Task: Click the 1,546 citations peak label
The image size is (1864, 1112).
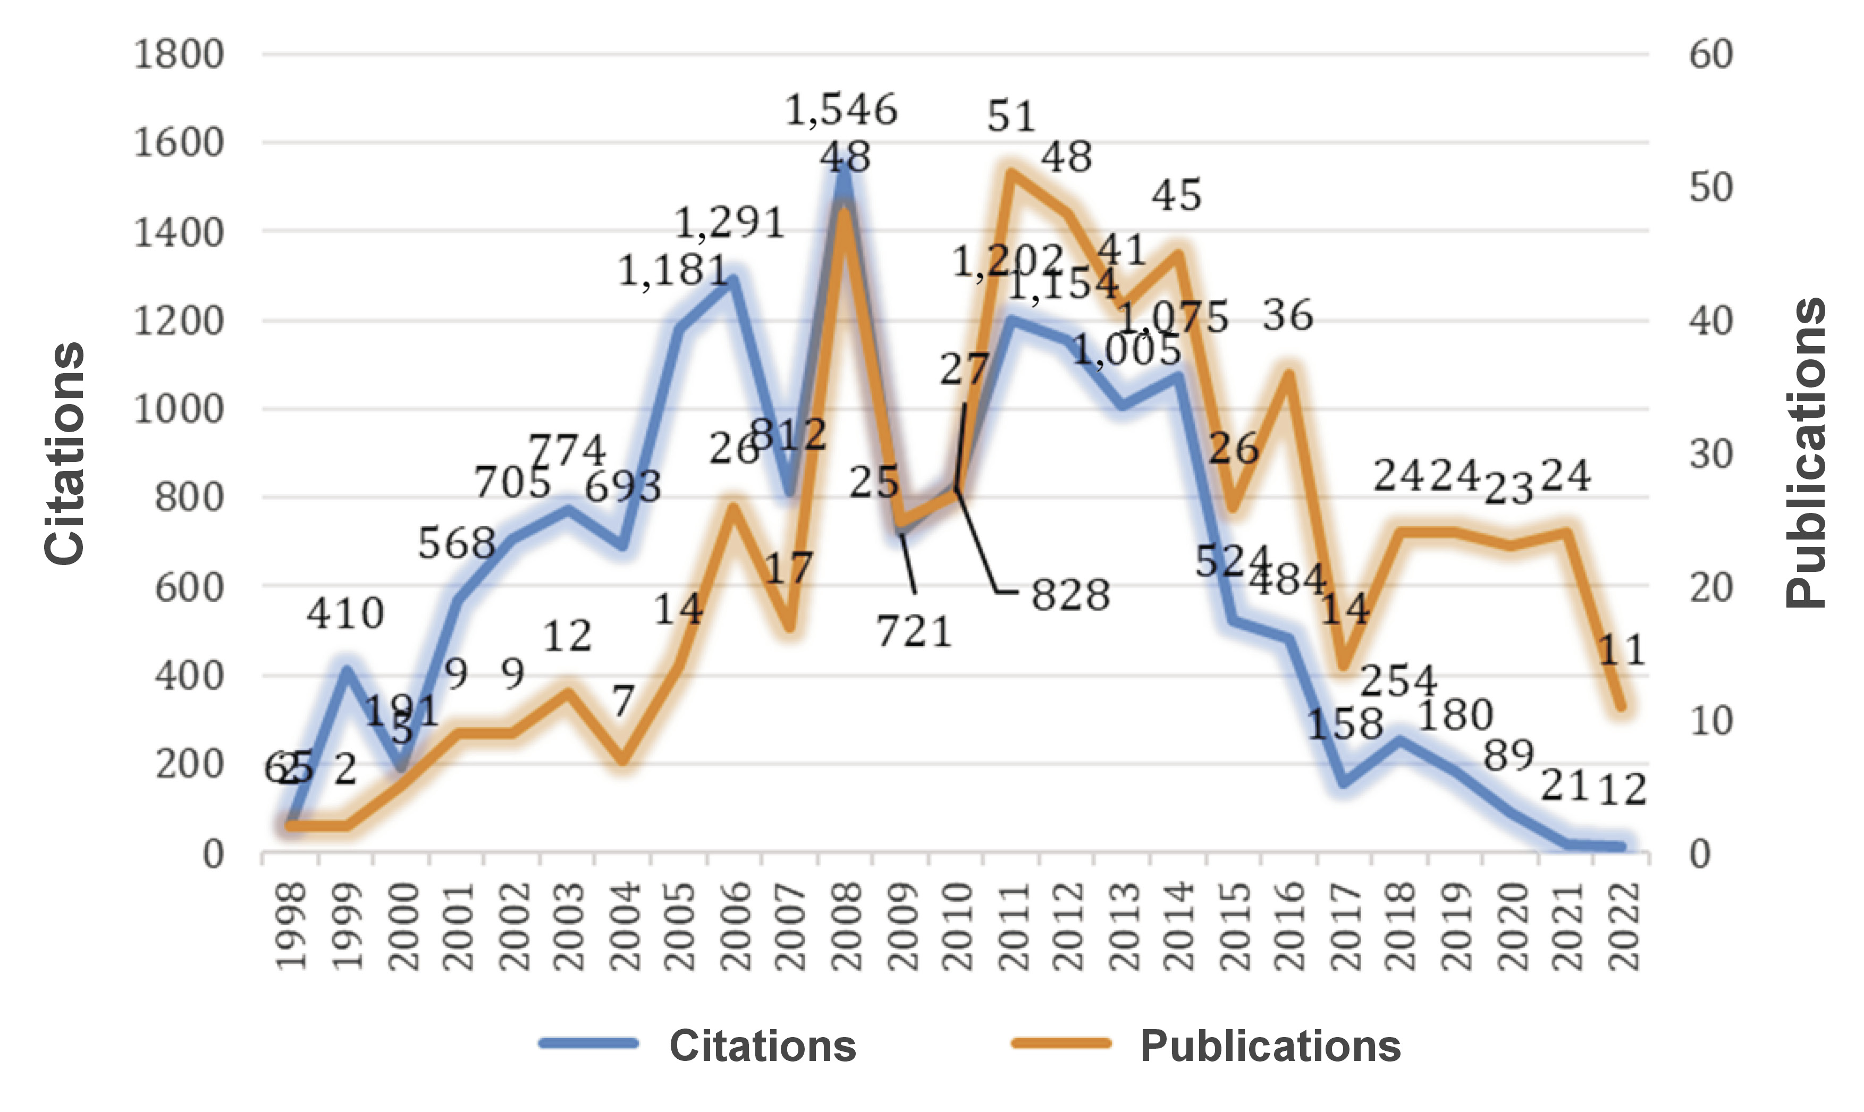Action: tap(841, 110)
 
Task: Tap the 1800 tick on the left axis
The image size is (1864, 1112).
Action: tap(178, 55)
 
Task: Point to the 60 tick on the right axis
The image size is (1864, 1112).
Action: tap(1710, 55)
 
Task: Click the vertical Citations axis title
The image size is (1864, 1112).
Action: tap(64, 453)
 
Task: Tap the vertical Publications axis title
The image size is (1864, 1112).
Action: tap(1806, 453)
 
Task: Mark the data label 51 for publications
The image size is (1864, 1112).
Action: tap(1011, 117)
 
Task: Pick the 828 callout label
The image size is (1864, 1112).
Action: tap(1070, 596)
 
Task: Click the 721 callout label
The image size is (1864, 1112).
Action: tap(914, 631)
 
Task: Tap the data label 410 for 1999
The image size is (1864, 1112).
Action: tap(344, 614)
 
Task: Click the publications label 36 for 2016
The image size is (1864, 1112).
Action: tap(1288, 315)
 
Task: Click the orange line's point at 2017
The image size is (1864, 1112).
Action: tap(1343, 664)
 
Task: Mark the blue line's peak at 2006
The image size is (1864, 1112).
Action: tap(733, 280)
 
